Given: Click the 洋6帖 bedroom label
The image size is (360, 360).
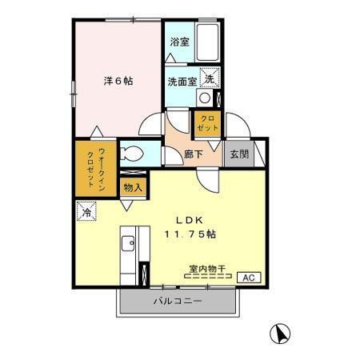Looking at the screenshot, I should [x=117, y=81].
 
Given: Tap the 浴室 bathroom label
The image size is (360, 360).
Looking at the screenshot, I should [x=179, y=42].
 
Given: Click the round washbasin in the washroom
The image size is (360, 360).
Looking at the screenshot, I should [x=205, y=98].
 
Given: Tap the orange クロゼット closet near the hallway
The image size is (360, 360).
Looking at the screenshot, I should [x=205, y=124].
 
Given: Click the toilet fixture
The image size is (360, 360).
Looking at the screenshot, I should [x=133, y=154].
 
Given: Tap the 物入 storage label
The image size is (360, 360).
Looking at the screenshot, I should [x=134, y=187].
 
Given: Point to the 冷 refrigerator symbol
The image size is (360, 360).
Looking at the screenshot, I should [x=86, y=212].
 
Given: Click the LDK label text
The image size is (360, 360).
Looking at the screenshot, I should [x=190, y=221].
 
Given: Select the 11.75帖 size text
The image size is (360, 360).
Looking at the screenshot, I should [x=190, y=234].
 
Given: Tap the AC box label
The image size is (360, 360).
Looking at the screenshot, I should [x=249, y=277].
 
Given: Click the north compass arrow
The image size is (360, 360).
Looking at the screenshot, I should [x=282, y=333].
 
